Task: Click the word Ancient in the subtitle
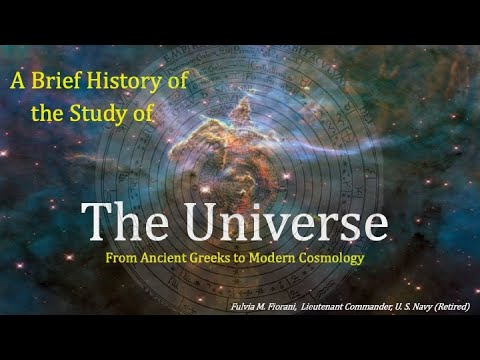point(169,258)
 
